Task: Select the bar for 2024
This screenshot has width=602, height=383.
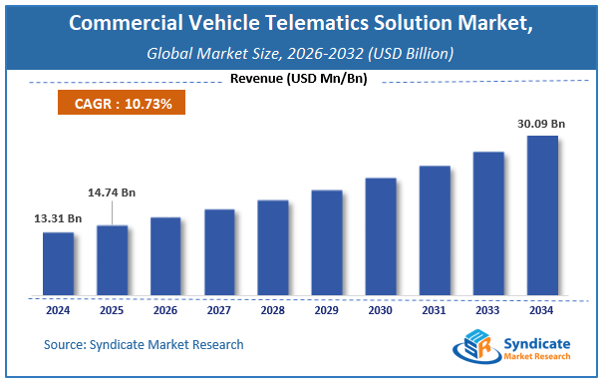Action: pos(58,263)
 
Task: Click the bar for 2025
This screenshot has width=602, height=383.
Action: pos(112,260)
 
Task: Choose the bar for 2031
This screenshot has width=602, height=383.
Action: pos(435,230)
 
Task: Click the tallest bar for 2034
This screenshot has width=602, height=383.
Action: pos(542,215)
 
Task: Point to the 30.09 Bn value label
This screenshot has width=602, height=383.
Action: pos(542,123)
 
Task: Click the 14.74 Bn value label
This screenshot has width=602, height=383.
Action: pos(112,191)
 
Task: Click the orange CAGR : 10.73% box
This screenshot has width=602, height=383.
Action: pos(115,104)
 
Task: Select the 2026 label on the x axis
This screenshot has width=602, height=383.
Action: pos(165,309)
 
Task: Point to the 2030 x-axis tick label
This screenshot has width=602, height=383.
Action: pos(381,309)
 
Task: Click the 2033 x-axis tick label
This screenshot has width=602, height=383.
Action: pos(488,309)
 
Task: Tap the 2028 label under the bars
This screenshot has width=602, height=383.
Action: pos(273,309)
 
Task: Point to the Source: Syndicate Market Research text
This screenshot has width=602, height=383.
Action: pos(144,345)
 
